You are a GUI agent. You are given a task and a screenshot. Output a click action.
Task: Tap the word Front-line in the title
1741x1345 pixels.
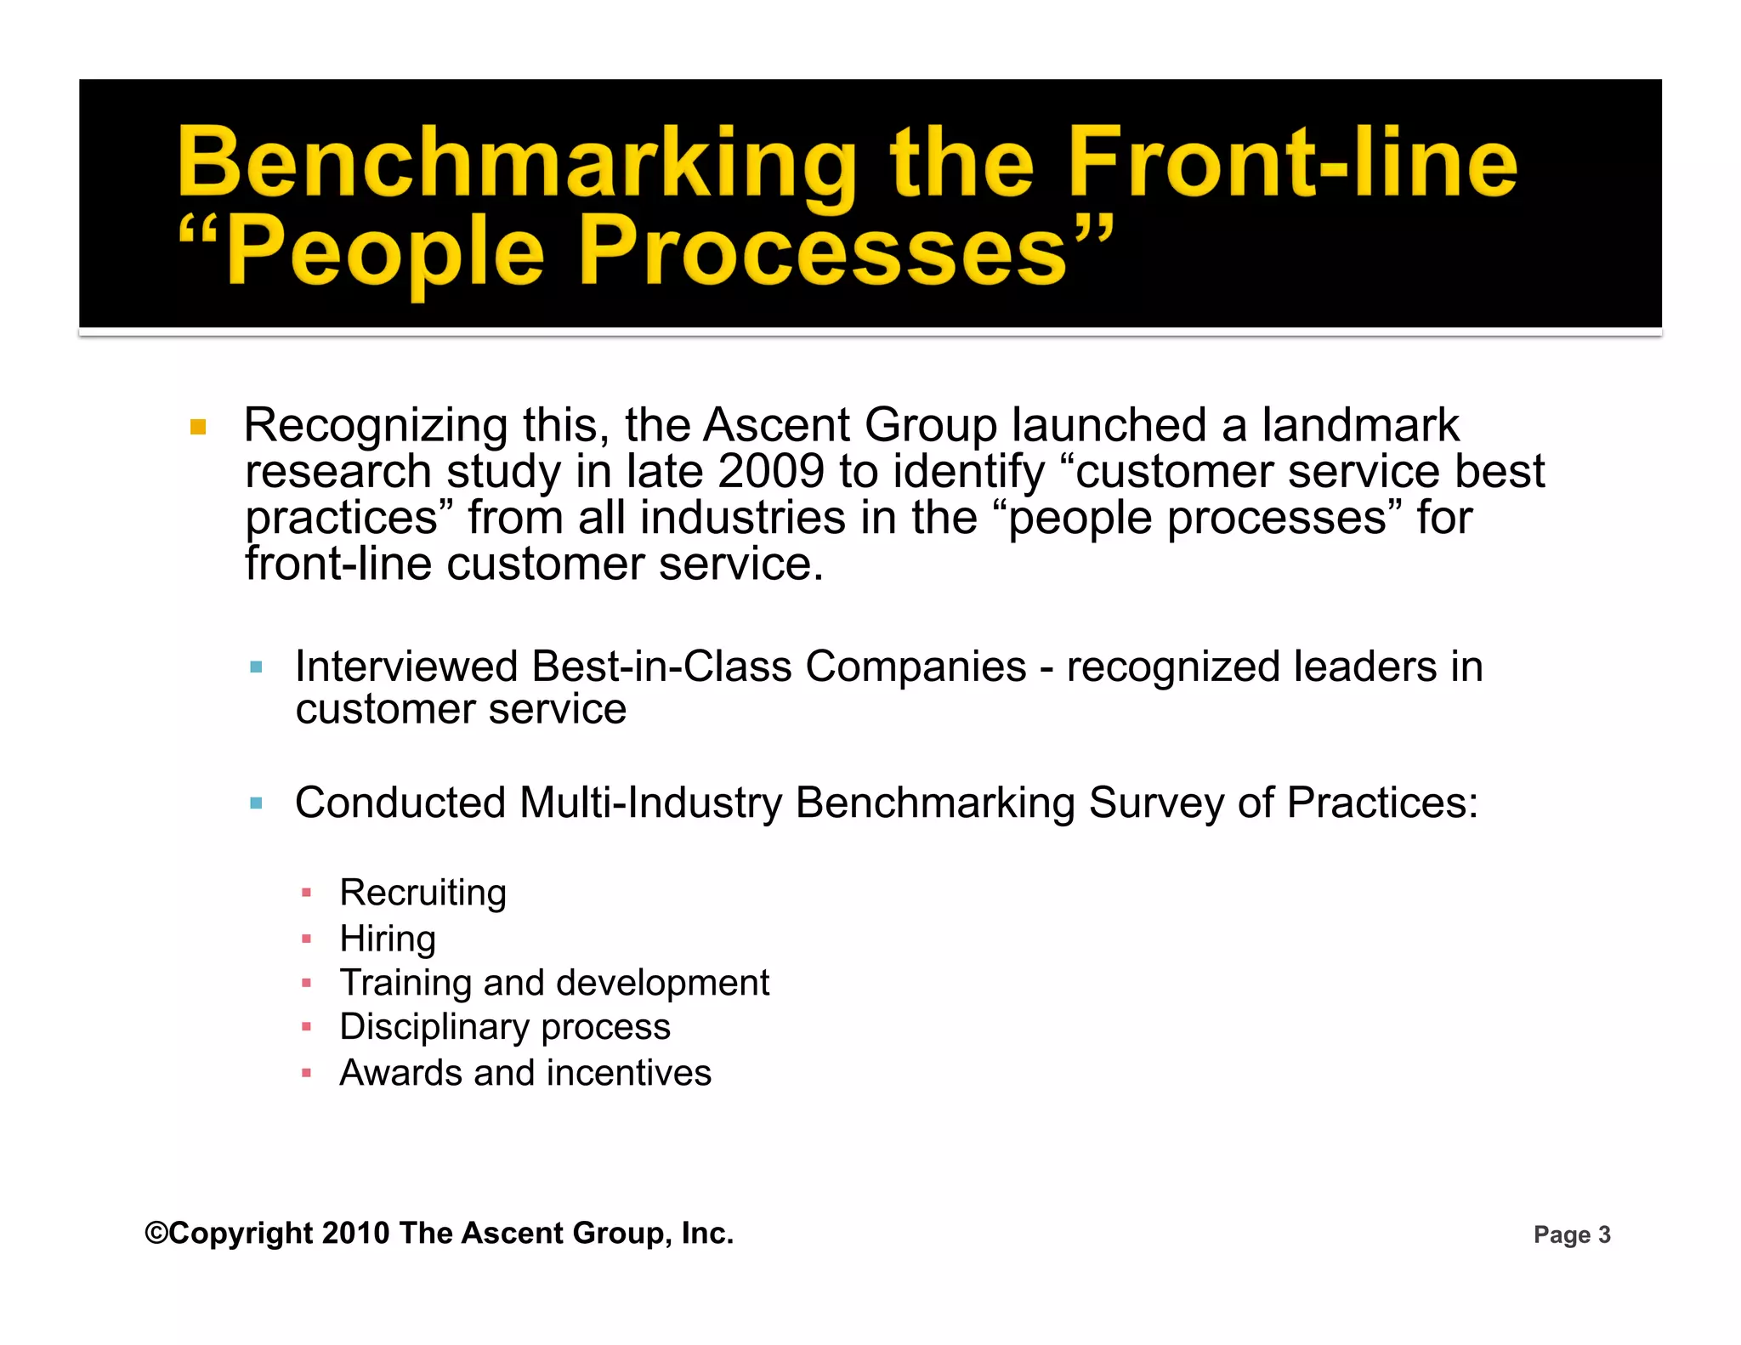click(1292, 162)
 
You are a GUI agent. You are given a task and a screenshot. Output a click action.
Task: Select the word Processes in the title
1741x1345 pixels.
click(822, 253)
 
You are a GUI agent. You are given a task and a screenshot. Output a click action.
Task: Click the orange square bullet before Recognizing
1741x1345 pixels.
click(198, 427)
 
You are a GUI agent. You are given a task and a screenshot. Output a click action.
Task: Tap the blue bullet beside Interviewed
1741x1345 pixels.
click(256, 667)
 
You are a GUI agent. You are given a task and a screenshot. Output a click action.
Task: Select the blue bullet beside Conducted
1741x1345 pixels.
click(256, 803)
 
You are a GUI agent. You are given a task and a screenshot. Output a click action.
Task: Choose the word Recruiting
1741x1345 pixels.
click(422, 893)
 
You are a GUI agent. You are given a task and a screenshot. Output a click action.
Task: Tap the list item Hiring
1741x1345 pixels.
click(388, 939)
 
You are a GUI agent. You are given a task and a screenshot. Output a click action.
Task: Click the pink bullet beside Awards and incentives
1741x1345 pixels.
click(307, 1074)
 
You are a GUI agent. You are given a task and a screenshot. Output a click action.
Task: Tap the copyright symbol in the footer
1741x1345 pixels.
click(156, 1233)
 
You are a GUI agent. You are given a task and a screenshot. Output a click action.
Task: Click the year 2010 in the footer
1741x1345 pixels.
click(355, 1233)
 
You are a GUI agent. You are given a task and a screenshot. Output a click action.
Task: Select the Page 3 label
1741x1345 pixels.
click(1571, 1234)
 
